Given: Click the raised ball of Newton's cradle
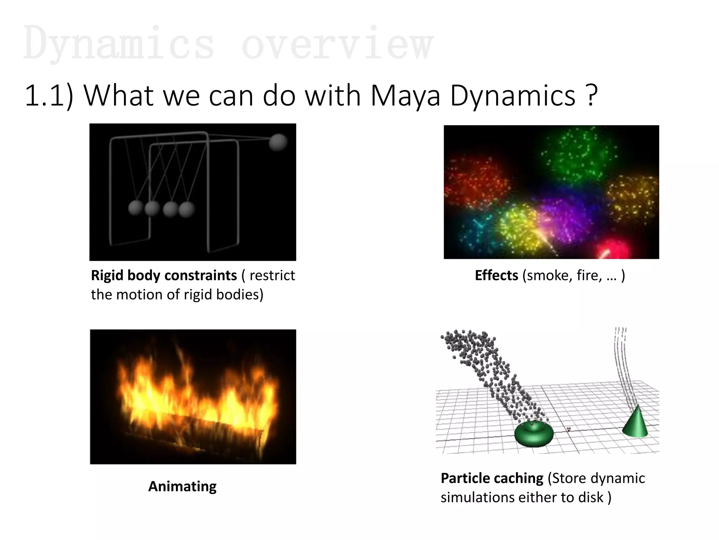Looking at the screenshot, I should (x=278, y=142).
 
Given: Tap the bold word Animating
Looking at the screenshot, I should (x=182, y=487).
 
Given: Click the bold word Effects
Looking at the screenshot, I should (x=496, y=275).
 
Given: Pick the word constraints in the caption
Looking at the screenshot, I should (x=200, y=275).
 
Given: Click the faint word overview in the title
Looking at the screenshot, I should (x=337, y=44).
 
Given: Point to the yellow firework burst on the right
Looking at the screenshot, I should (x=632, y=197).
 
